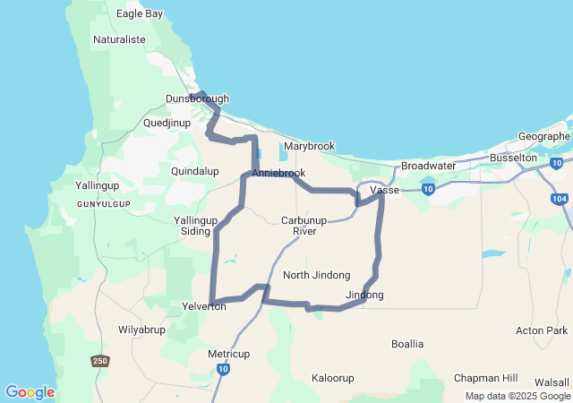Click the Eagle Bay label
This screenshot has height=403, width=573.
click(140, 13)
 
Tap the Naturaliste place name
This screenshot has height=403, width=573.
click(120, 40)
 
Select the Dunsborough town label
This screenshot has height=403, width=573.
click(198, 99)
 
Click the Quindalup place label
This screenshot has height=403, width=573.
click(194, 170)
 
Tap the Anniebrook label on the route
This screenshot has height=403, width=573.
click(278, 173)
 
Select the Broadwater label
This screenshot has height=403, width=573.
click(428, 166)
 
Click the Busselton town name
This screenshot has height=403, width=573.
click(513, 157)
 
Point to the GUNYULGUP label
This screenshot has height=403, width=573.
click(104, 204)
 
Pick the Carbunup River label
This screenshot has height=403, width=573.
click(305, 226)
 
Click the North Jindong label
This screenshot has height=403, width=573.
click(316, 275)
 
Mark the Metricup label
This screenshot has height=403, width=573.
click(229, 353)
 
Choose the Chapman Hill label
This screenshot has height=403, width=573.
click(486, 378)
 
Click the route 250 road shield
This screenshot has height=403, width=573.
click(100, 361)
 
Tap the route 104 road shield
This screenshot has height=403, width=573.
click(560, 198)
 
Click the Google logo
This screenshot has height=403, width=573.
click(30, 392)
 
